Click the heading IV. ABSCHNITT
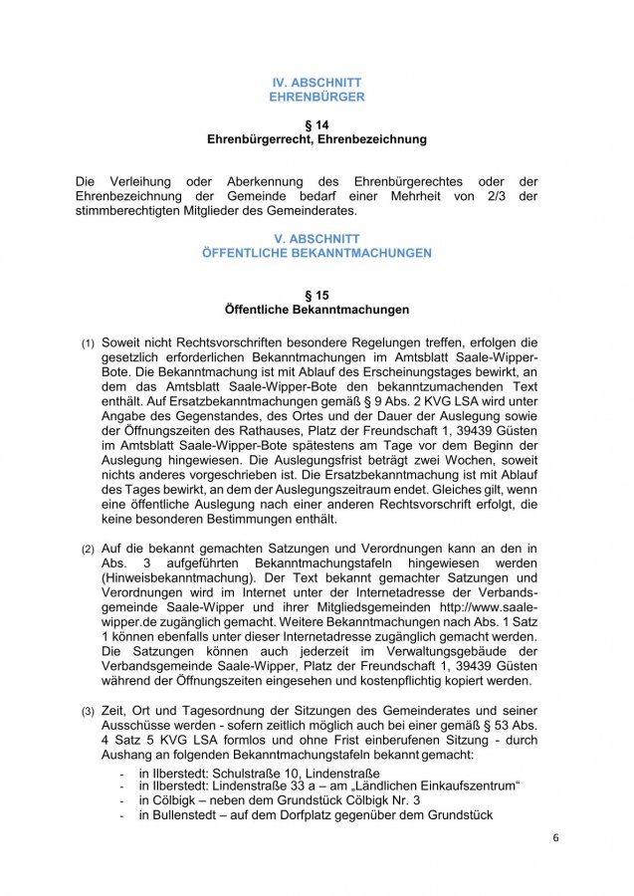click(x=317, y=82)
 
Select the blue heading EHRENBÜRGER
click(x=317, y=98)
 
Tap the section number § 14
click(x=317, y=124)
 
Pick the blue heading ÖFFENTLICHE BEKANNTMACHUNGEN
click(x=317, y=254)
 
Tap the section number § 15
click(x=317, y=296)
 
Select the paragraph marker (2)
click(x=89, y=550)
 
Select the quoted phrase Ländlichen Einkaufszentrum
click(x=437, y=785)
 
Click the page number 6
click(x=555, y=837)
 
